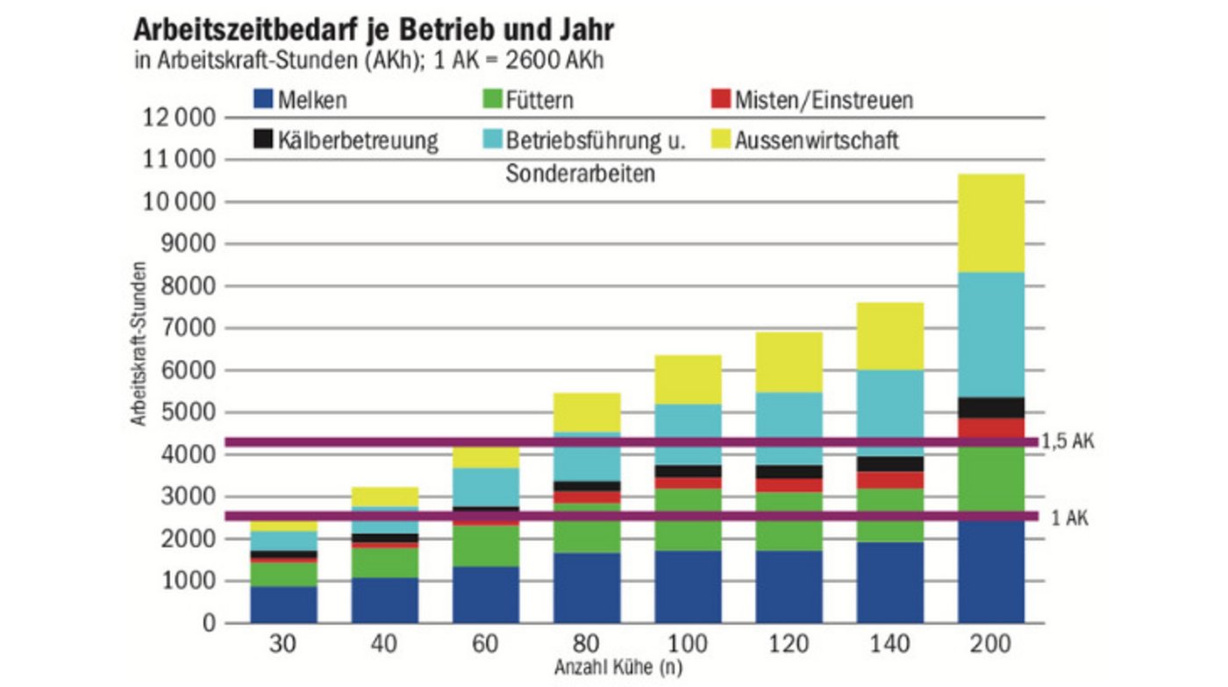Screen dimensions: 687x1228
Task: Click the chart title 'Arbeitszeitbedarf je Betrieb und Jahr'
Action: click(x=373, y=30)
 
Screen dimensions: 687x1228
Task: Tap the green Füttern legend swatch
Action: click(x=491, y=99)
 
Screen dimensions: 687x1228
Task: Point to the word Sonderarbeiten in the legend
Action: click(x=580, y=175)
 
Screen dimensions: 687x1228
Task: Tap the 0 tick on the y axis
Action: click(x=210, y=624)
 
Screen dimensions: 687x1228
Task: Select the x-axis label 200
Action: click(x=990, y=647)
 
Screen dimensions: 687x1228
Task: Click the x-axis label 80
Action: click(x=587, y=647)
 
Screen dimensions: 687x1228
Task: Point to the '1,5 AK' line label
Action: click(x=1067, y=442)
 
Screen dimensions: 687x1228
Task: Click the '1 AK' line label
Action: click(x=1069, y=519)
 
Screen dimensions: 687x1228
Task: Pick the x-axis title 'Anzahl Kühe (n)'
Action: click(x=618, y=668)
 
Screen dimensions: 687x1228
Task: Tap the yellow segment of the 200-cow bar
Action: click(x=991, y=223)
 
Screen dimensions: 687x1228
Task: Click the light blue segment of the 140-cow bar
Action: click(x=890, y=412)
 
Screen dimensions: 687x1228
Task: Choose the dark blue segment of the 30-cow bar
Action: click(x=284, y=605)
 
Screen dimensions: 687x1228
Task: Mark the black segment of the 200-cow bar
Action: click(x=991, y=407)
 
